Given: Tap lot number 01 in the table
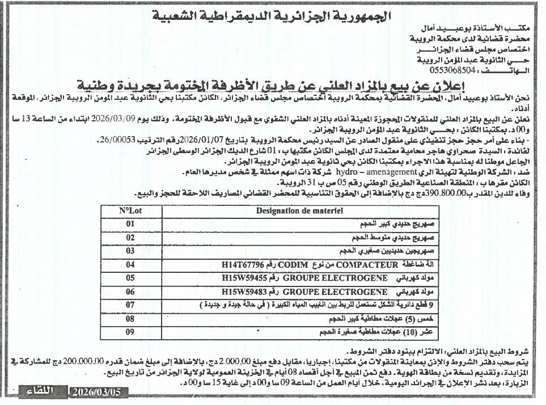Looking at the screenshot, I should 130,224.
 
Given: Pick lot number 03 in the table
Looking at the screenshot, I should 130,250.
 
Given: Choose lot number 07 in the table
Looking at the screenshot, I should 130,305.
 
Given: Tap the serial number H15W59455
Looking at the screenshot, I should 245,278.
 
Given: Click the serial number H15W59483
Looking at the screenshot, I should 245,292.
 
